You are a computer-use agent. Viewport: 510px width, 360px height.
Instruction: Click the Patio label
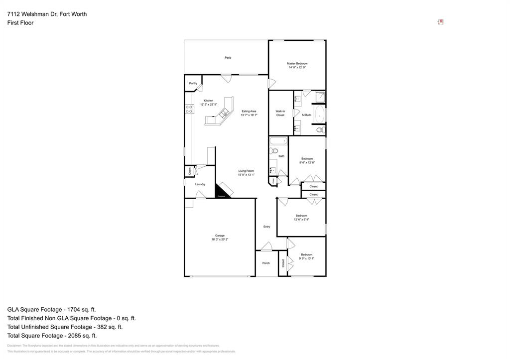coord(228,58)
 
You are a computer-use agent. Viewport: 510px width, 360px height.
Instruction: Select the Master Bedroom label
coord(297,64)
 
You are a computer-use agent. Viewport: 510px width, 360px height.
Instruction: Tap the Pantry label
coord(193,83)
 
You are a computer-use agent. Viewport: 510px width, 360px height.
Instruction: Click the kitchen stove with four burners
coord(189,109)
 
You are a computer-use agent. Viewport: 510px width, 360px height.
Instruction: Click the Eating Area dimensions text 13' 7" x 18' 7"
coord(249,115)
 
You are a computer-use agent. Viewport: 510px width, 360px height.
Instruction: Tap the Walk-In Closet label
coord(280,113)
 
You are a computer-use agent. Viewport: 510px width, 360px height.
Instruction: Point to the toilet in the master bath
coord(320,130)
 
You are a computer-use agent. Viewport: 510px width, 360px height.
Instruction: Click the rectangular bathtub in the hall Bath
coord(278,141)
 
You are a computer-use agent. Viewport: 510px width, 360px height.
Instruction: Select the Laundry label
coord(200,184)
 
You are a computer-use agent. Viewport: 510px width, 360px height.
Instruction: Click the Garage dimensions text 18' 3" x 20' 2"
coord(220,240)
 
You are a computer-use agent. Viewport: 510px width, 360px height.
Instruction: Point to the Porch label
coord(266,263)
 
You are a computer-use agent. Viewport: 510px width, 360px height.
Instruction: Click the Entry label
coord(266,227)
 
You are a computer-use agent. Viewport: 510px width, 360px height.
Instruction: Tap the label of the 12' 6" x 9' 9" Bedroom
coord(301,216)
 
